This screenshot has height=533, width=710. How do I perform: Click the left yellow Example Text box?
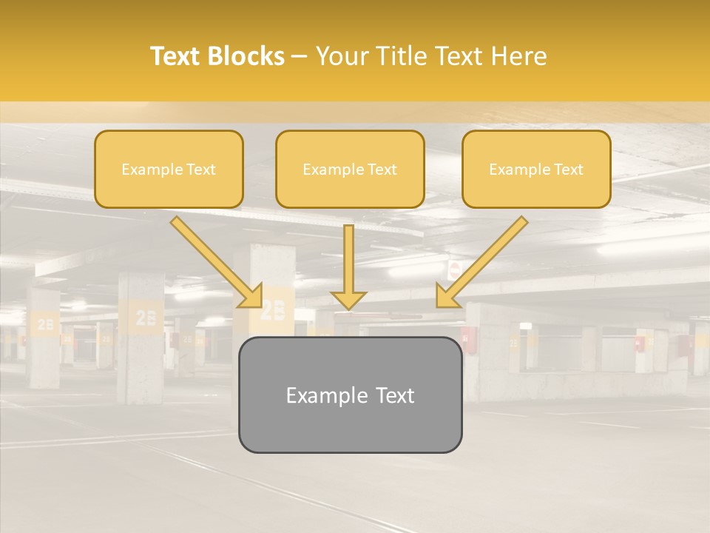tap(169, 170)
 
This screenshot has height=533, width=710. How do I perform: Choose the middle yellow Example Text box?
tap(350, 170)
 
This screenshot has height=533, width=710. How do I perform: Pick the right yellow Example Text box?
tap(536, 170)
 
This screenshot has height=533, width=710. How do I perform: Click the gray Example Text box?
tap(350, 395)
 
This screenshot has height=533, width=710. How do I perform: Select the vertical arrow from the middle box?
tap(348, 267)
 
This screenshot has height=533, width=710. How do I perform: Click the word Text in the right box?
tap(568, 170)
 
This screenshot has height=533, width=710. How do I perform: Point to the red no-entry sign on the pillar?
tap(454, 269)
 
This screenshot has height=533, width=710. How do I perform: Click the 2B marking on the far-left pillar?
tap(45, 324)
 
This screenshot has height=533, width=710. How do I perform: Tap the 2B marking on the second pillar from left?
tap(146, 317)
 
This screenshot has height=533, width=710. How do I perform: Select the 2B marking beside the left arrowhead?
tap(273, 309)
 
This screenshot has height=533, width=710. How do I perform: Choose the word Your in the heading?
tap(337, 56)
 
